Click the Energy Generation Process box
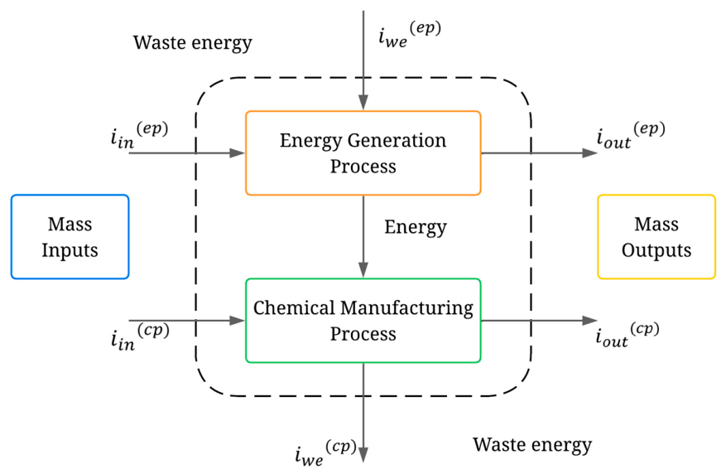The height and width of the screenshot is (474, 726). pos(363,153)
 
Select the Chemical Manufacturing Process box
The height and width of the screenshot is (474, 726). pos(363,321)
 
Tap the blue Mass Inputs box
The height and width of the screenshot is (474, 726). pos(70,237)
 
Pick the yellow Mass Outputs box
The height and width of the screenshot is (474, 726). pos(656,237)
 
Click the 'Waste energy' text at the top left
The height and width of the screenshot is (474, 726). pos(193,43)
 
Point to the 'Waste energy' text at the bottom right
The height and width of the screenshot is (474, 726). pos(532,445)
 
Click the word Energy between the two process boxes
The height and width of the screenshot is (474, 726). pos(416,227)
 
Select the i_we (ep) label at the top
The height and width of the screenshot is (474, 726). pos(409,34)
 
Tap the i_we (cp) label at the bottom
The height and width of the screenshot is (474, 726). pos(326,452)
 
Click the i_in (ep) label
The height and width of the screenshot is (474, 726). pos(139,135)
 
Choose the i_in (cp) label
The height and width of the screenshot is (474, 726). pos(140,336)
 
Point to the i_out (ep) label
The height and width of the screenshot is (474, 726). pos(631,135)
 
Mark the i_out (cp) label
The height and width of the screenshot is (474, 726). pos(627,334)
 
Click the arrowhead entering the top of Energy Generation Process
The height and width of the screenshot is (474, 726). pos(363,103)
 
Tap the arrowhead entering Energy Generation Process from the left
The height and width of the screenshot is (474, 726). pos(238,153)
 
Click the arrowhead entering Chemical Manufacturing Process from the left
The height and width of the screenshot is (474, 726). pos(238,321)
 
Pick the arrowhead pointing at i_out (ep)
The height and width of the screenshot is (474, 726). pos(590,153)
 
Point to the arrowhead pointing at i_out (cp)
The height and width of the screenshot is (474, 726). pos(590,321)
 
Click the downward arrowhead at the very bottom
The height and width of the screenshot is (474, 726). pos(363,455)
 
